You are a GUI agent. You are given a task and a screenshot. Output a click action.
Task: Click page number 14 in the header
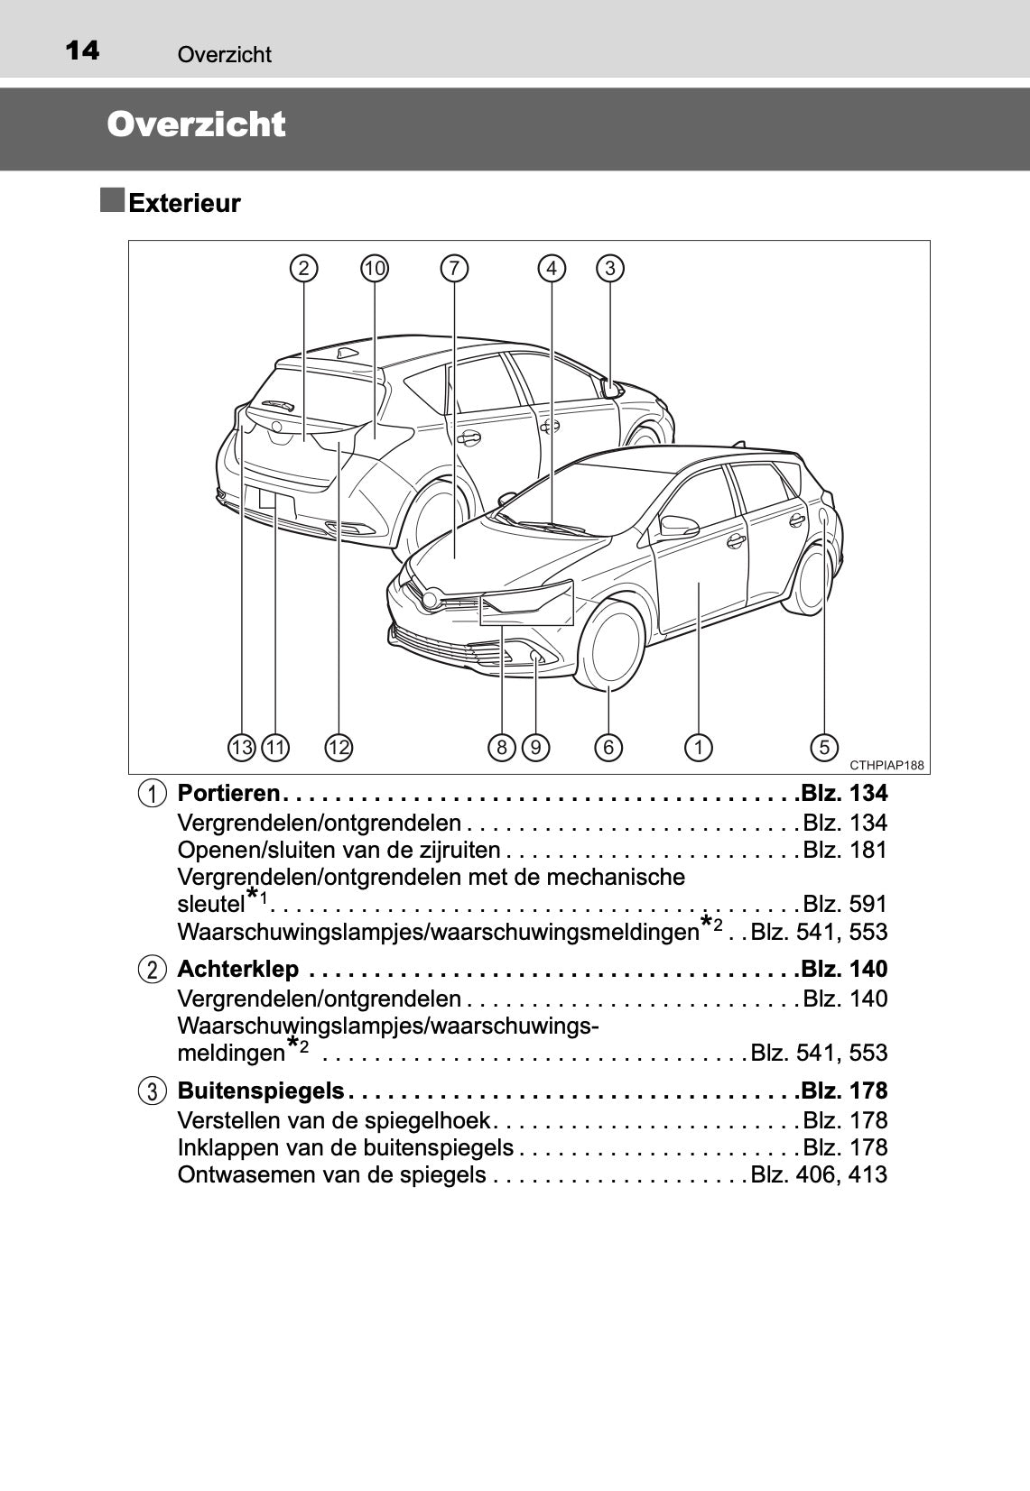[x=82, y=51]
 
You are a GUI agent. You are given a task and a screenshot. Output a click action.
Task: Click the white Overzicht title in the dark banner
[x=196, y=124]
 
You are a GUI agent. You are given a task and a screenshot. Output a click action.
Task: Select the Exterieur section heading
[x=184, y=203]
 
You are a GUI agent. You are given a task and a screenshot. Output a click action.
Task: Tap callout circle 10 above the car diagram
[x=375, y=268]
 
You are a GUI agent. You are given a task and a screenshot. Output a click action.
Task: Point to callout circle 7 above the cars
[x=454, y=268]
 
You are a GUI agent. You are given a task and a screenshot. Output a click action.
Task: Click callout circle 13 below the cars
[x=242, y=747]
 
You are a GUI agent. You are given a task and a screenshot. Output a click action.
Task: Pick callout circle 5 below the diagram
[x=824, y=747]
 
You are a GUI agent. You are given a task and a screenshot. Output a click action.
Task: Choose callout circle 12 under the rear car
[x=339, y=747]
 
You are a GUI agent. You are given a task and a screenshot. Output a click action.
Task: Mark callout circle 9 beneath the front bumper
[x=535, y=747]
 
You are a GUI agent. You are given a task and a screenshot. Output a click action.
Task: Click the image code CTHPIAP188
[x=887, y=766]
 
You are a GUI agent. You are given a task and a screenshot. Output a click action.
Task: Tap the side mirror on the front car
[x=679, y=525]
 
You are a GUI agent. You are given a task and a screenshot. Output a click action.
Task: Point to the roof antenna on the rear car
[x=347, y=352]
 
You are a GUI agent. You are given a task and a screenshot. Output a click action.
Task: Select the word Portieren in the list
[x=228, y=794]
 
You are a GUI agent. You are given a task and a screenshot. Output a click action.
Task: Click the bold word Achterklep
[x=238, y=970]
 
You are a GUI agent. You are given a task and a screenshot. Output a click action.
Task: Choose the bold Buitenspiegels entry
[x=261, y=1091]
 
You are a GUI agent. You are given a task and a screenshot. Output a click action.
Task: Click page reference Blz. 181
[x=845, y=851]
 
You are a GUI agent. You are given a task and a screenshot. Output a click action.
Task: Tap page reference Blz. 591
[x=845, y=905]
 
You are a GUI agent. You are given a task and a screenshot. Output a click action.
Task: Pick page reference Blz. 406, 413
[x=819, y=1175]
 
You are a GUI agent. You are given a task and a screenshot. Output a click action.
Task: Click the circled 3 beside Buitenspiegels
[x=153, y=1091]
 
